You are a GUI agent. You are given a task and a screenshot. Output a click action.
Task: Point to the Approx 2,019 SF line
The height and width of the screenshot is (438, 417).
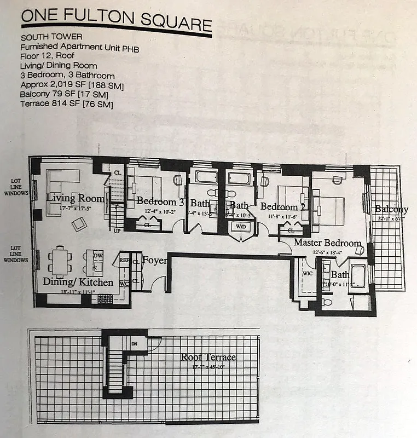click(72, 85)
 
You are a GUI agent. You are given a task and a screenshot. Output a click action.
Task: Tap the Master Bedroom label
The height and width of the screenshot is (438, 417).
click(327, 243)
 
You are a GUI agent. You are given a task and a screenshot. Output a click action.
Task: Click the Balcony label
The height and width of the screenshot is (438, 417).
click(391, 209)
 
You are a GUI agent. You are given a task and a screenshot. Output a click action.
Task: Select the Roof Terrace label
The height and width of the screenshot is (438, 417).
click(208, 358)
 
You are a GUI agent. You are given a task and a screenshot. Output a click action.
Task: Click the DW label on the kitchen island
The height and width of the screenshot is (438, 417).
click(99, 256)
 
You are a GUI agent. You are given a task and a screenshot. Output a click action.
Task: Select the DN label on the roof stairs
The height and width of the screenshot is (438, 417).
click(135, 344)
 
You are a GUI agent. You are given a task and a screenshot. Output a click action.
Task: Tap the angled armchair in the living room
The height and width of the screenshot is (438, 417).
click(80, 223)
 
